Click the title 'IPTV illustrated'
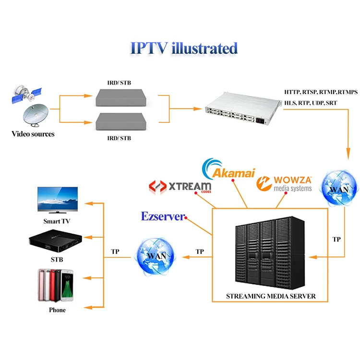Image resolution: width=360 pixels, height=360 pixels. tap(184, 48)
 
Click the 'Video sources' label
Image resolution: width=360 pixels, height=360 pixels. tap(33, 134)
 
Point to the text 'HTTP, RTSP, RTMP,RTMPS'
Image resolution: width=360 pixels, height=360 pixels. tap(321, 92)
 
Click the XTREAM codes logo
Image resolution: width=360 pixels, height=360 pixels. tap(180, 187)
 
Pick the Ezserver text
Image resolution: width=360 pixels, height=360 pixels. tap(163, 216)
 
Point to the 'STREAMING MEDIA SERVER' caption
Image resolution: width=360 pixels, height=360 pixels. tap(271, 296)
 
